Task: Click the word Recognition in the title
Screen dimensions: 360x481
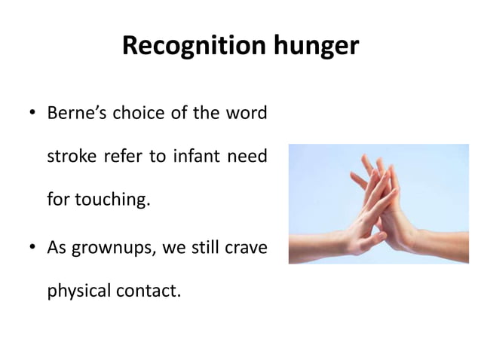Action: (191, 47)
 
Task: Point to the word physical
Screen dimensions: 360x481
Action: (78, 291)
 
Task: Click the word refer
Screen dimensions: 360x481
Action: (114, 157)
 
